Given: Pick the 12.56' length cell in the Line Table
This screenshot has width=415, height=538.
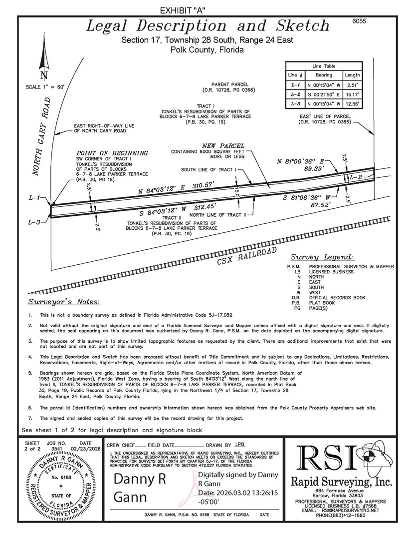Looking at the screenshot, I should (352, 103).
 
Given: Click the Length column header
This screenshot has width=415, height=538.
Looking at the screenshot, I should (352, 74).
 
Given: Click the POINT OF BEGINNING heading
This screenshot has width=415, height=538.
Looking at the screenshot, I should (112, 153).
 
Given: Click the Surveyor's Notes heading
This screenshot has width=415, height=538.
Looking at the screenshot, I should (64, 302).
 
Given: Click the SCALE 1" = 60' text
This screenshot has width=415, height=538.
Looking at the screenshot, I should (45, 87).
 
